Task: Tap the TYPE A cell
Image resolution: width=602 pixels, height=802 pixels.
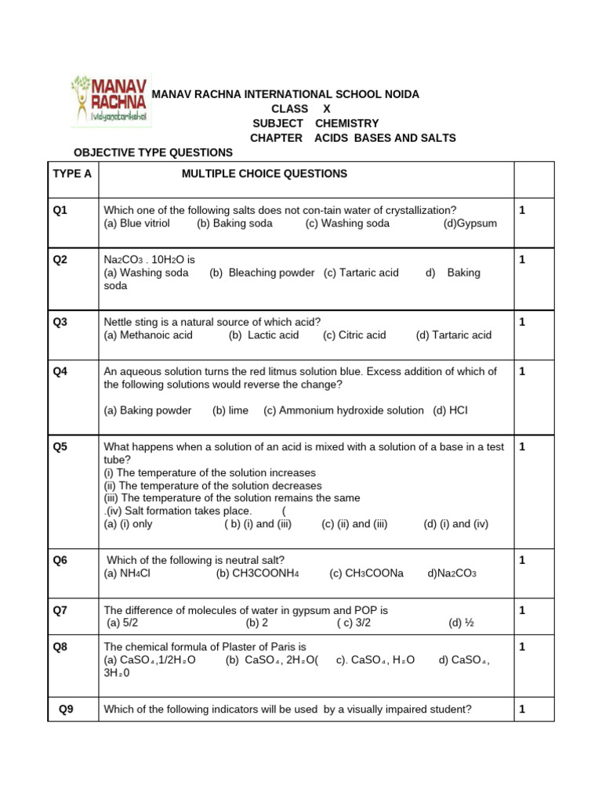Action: point(72,174)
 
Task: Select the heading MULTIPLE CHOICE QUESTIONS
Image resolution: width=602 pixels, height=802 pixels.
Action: point(264,174)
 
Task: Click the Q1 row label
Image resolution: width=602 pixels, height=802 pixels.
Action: point(60,210)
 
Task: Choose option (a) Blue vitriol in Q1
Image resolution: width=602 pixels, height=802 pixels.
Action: point(137,223)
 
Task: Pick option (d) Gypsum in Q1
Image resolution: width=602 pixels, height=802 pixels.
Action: point(470,223)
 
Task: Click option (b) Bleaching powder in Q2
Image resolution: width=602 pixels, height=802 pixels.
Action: point(262,273)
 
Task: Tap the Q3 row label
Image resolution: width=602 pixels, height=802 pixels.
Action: point(60,322)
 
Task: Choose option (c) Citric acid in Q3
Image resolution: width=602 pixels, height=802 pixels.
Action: point(354,335)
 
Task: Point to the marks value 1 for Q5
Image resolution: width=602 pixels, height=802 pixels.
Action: point(522,446)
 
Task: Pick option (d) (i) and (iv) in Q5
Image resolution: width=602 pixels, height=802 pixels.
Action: point(456,524)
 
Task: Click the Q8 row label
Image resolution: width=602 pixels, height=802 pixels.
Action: point(60,647)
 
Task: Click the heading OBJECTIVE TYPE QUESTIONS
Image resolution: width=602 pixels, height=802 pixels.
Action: point(153,152)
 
